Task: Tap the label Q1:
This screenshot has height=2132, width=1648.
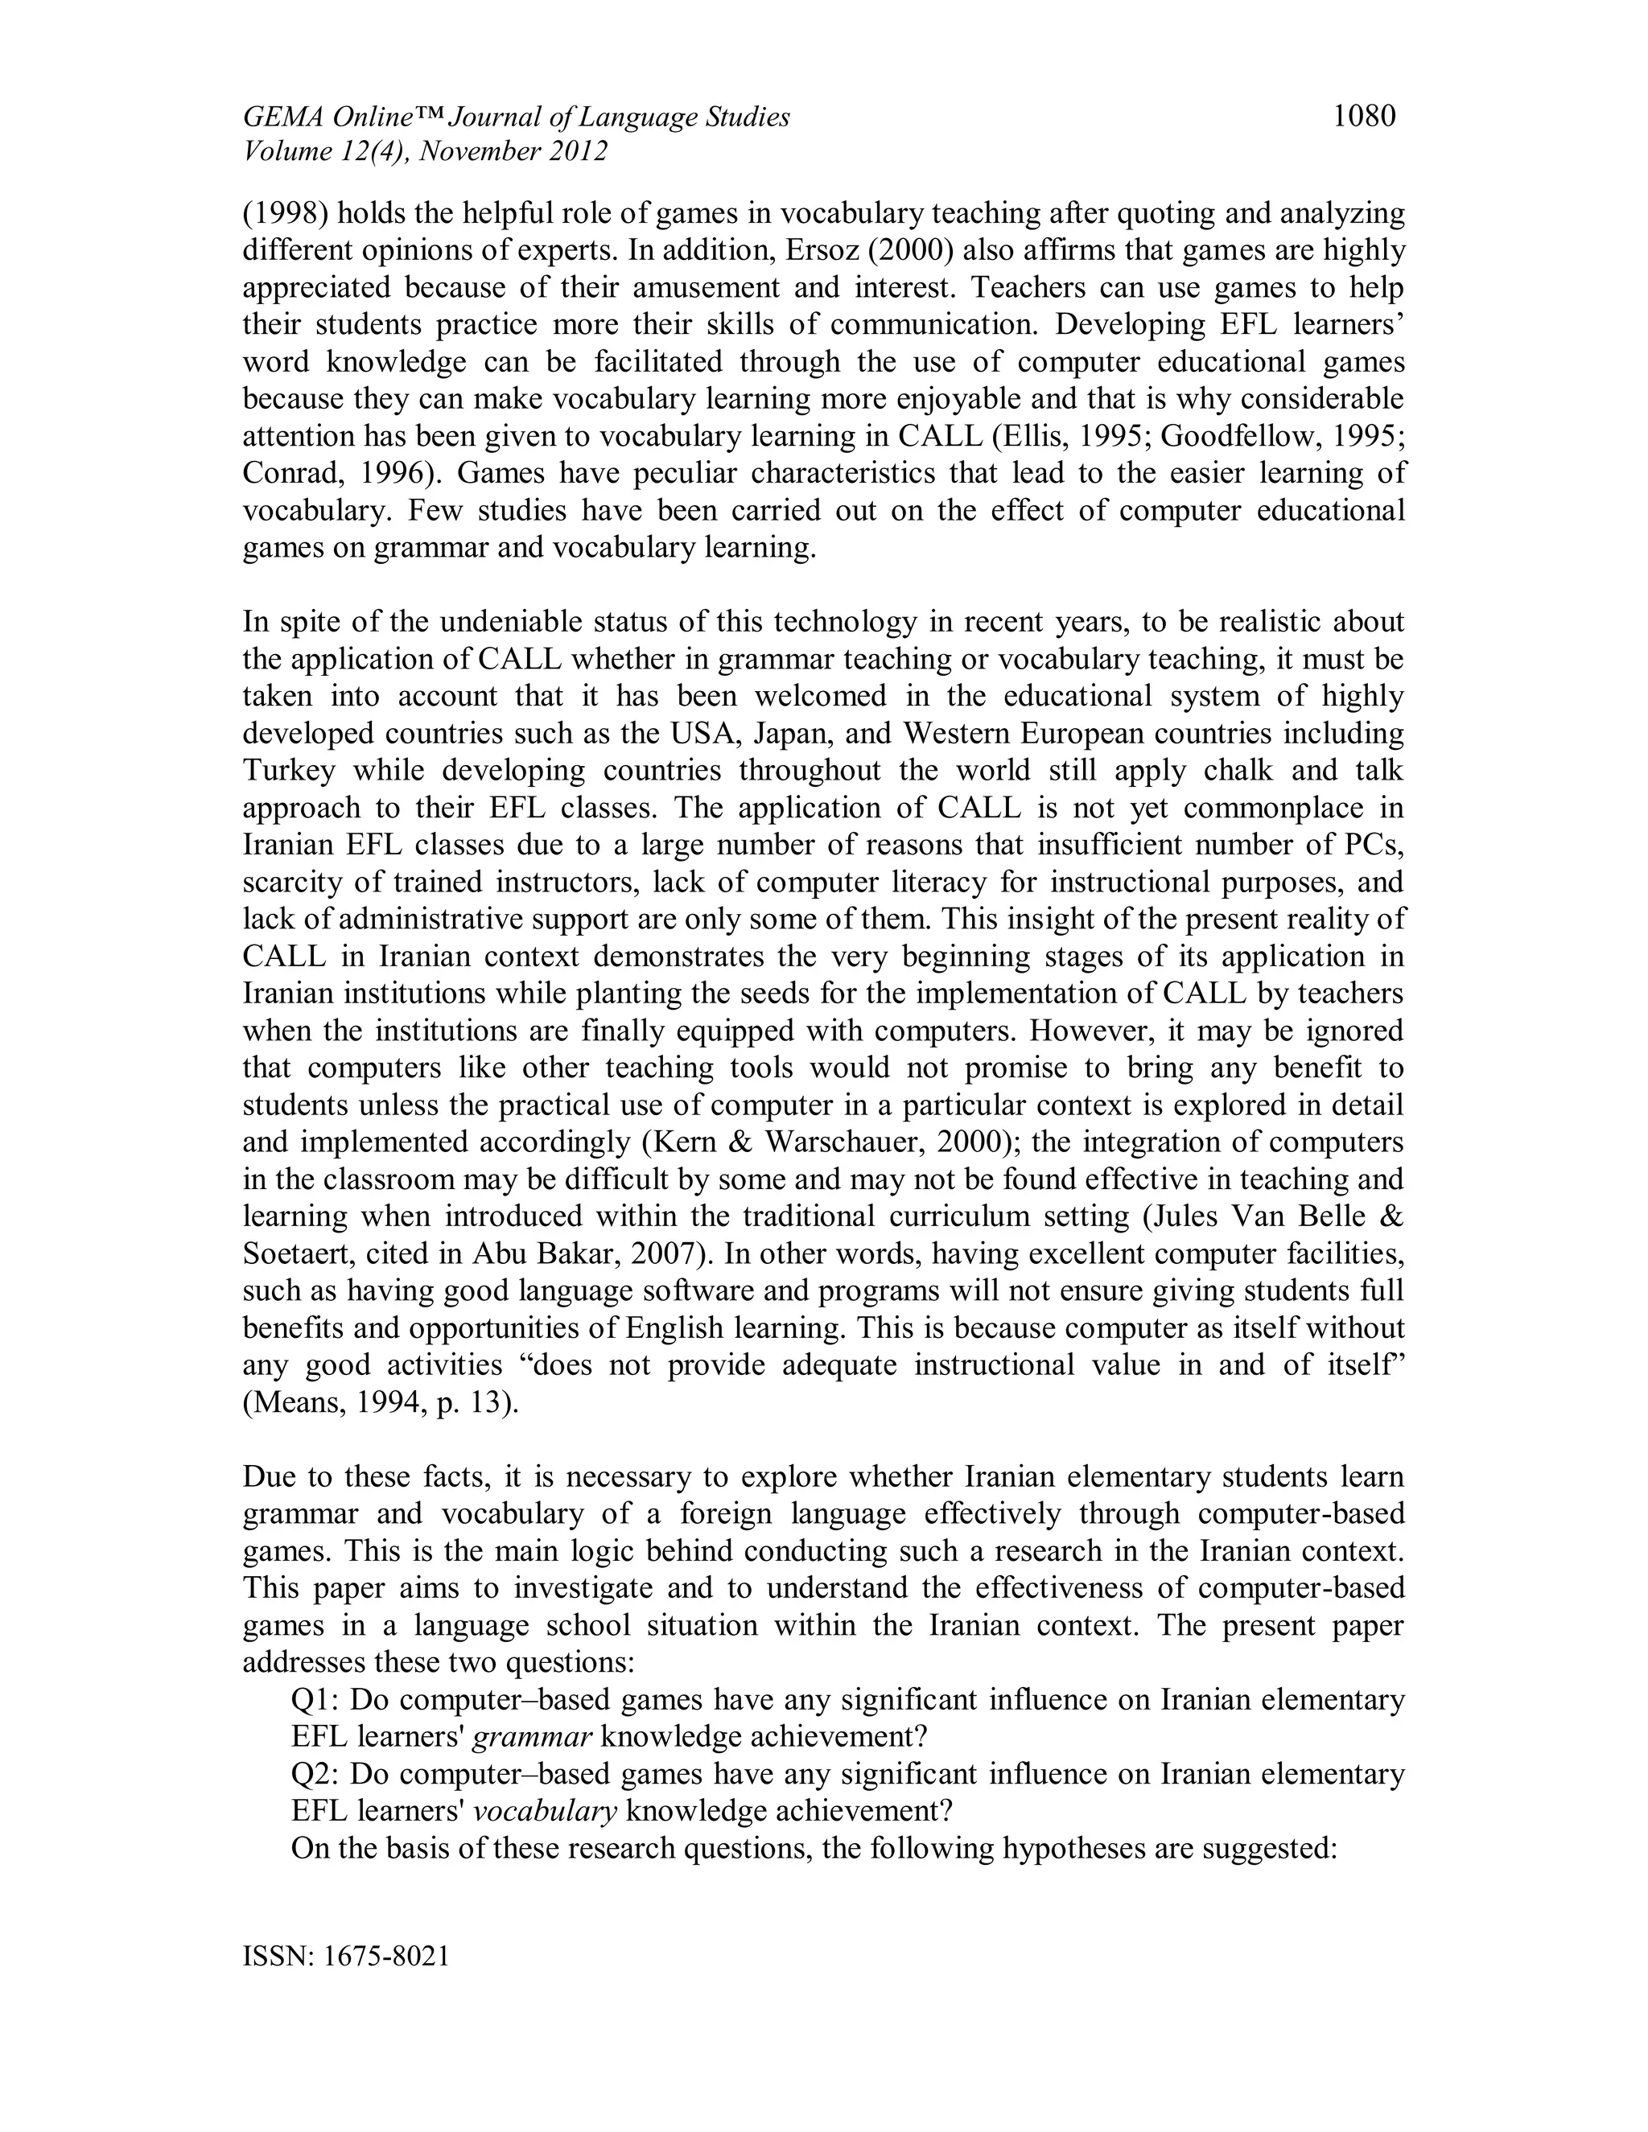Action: (x=315, y=1699)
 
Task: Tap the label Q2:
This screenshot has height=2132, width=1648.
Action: (x=315, y=1774)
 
